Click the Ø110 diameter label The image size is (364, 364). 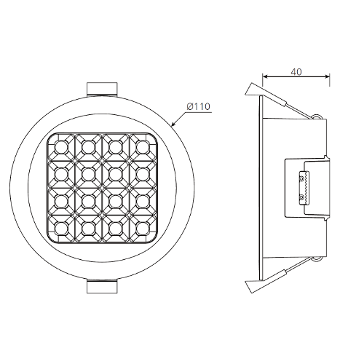pyautogui.click(x=198, y=106)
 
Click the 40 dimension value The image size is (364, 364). pyautogui.click(x=296, y=72)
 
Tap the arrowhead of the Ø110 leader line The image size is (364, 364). pyautogui.click(x=173, y=124)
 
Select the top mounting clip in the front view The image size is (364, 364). pyautogui.click(x=102, y=90)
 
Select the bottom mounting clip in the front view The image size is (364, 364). pyautogui.click(x=102, y=286)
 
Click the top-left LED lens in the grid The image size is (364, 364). pyautogui.click(x=60, y=147)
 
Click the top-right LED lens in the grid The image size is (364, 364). pyautogui.click(x=142, y=147)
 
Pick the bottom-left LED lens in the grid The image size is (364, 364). pyautogui.click(x=60, y=229)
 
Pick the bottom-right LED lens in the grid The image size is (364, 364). pyautogui.click(x=142, y=229)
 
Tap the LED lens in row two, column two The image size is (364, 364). pyautogui.click(x=88, y=174)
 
